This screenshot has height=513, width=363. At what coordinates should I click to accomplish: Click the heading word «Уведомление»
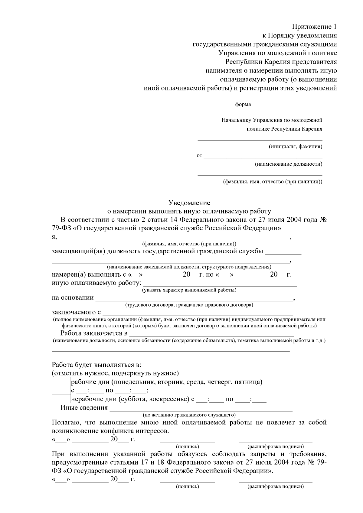click(x=189, y=203)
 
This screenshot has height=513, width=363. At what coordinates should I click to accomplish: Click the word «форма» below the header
click(x=243, y=105)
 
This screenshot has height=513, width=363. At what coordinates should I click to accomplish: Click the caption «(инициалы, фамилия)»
click(x=296, y=147)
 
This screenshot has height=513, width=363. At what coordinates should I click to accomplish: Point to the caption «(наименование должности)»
click(x=288, y=164)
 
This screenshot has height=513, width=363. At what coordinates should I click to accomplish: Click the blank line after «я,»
click(x=174, y=239)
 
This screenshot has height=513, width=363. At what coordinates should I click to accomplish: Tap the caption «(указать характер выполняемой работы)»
click(x=189, y=290)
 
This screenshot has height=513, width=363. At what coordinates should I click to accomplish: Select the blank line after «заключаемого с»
click(x=198, y=315)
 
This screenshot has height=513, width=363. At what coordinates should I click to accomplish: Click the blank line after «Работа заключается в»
click(x=211, y=336)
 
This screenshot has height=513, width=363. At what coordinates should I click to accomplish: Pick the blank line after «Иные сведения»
click(x=201, y=411)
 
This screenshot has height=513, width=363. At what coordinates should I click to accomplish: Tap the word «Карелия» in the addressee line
click(x=312, y=129)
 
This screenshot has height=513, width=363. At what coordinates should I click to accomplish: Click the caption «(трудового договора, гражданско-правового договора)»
click(x=189, y=305)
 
